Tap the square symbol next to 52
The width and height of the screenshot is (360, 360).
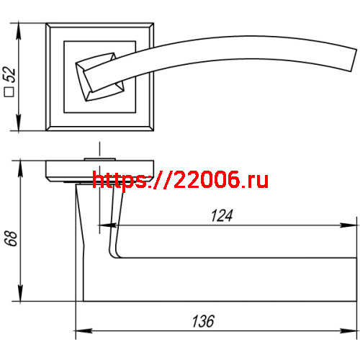10,91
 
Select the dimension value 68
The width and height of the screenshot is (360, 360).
10,239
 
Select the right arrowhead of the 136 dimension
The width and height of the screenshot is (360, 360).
351,332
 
